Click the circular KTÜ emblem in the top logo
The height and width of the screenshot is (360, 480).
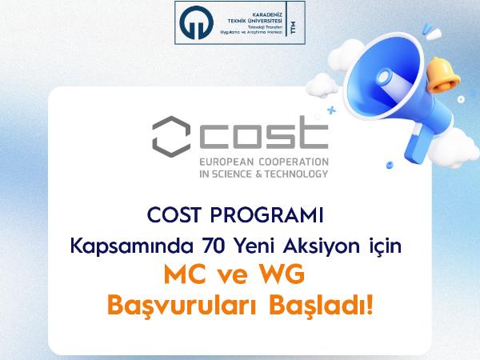pyautogui.click(x=196, y=22)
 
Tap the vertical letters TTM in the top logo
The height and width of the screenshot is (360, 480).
pyautogui.click(x=294, y=27)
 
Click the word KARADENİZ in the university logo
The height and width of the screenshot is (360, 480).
pyautogui.click(x=267, y=14)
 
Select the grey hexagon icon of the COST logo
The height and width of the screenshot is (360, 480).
pyautogui.click(x=171, y=137)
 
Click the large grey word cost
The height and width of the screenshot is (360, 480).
pyautogui.click(x=264, y=133)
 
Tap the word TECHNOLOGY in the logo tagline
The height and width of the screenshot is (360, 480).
pyautogui.click(x=296, y=174)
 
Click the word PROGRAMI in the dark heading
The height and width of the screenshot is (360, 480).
pyautogui.click(x=267, y=215)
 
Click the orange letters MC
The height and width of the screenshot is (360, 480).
pyautogui.click(x=185, y=274)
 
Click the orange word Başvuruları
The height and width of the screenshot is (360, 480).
pyautogui.click(x=182, y=306)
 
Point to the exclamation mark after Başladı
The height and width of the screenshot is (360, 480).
pyautogui.click(x=370, y=305)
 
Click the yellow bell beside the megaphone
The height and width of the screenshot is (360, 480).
pyautogui.click(x=442, y=74)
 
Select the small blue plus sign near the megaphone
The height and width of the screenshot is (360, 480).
pyautogui.click(x=331, y=110)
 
